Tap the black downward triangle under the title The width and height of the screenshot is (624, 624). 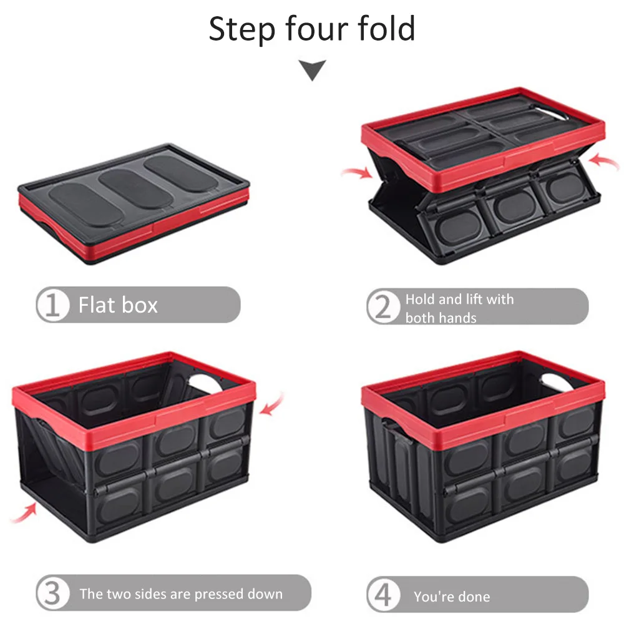pos(312,70)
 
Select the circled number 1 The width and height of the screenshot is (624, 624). pos(52,305)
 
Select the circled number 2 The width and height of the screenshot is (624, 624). pos(383,306)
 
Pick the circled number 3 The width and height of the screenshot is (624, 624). pos(52,593)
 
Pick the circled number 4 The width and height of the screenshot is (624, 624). pos(383,594)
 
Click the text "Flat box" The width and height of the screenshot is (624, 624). pos(118,305)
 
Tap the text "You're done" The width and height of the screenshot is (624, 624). pos(451,597)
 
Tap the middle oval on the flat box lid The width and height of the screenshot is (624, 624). pos(129,181)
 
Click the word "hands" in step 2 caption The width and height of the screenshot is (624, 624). pos(459,318)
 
